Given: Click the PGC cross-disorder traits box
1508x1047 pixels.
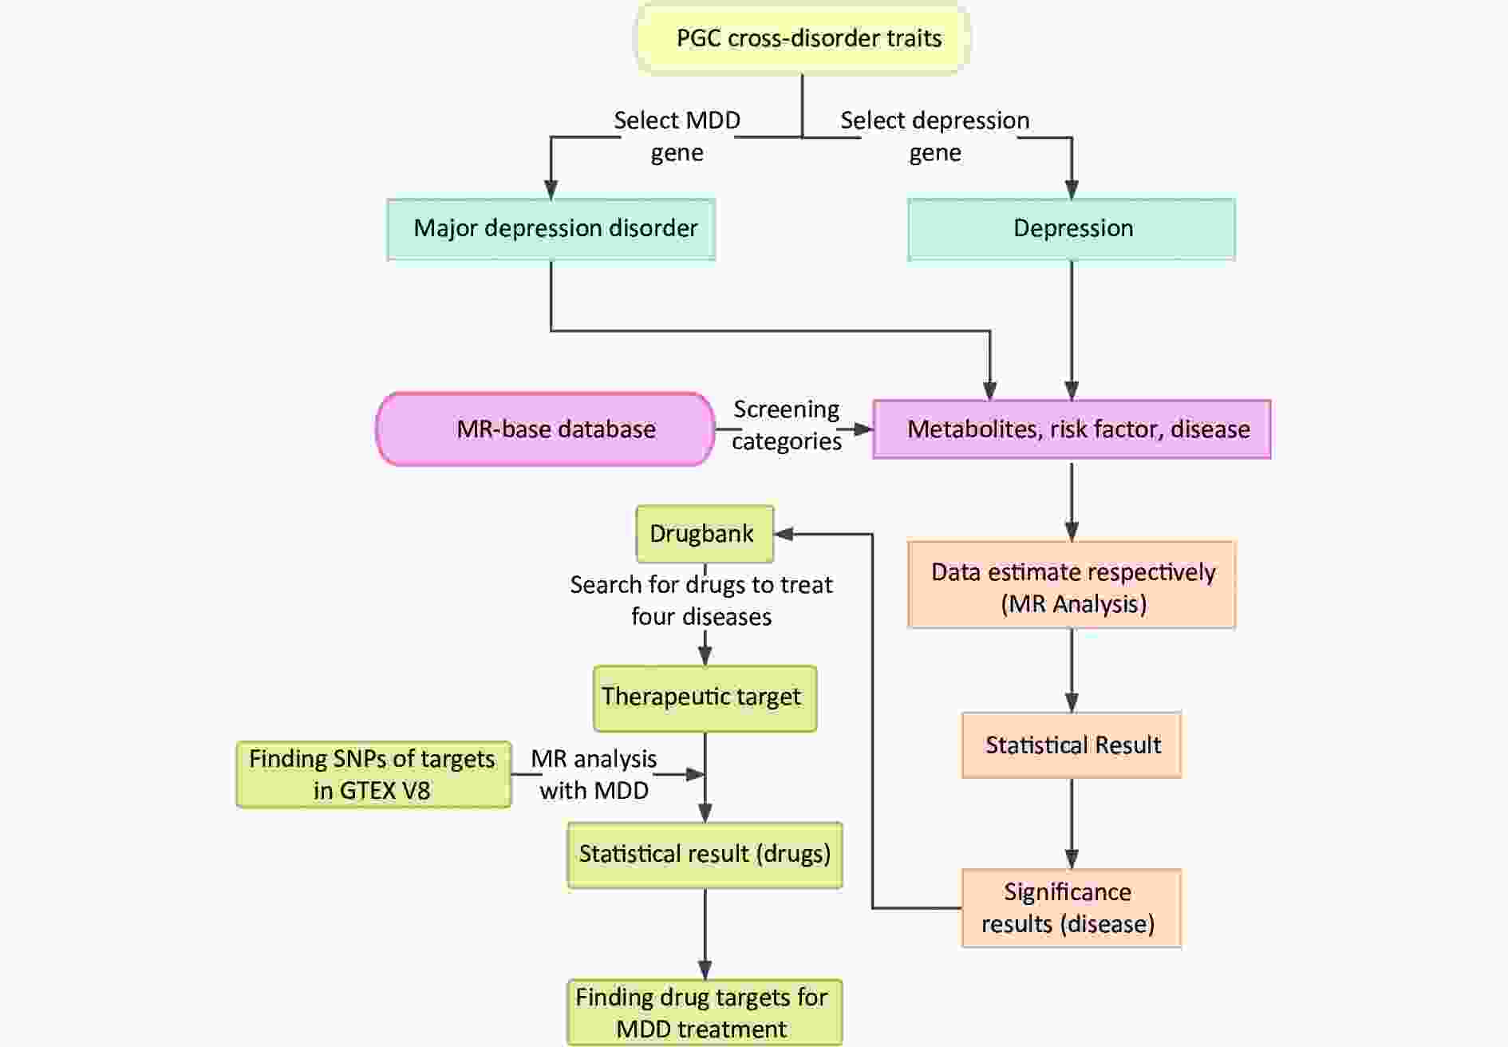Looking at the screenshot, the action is (x=802, y=38).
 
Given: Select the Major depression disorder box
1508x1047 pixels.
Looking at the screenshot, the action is (x=551, y=229).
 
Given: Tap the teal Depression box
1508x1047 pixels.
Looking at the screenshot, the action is (x=1072, y=229).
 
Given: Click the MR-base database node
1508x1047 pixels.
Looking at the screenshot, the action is (x=546, y=429).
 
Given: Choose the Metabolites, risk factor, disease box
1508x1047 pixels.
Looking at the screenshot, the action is (x=1072, y=429).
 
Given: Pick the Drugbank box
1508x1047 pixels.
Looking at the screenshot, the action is (x=705, y=534).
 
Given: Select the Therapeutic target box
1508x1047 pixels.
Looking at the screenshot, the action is (x=705, y=698).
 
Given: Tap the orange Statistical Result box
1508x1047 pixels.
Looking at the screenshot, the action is (x=1072, y=745).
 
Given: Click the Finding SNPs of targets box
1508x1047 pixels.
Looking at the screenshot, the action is (x=373, y=774).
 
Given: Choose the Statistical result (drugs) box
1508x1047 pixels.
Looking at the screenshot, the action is (x=705, y=855).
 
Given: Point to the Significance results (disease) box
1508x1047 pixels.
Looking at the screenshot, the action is (x=1072, y=908).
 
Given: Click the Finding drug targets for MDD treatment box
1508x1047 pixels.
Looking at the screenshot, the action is (x=705, y=1012).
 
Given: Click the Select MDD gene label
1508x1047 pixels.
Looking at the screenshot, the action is (x=677, y=136).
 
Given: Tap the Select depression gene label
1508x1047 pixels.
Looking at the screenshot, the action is (x=935, y=136).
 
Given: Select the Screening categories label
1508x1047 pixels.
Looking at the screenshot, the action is (x=787, y=425).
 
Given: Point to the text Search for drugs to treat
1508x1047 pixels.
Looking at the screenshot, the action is (x=701, y=584).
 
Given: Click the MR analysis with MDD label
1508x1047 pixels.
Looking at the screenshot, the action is (x=594, y=774).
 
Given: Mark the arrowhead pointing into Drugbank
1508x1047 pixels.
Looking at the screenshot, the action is (x=784, y=534).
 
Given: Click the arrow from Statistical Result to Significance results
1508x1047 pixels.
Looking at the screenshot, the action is (x=1072, y=824).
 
